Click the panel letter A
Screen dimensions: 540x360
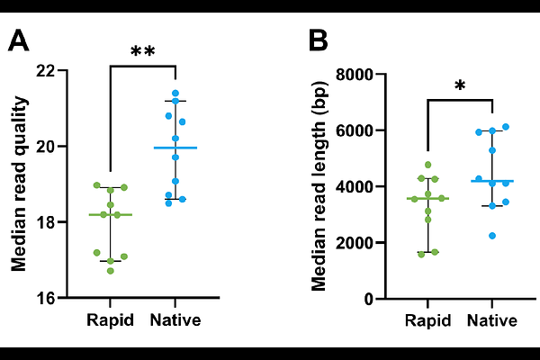pyautogui.click(x=18, y=40)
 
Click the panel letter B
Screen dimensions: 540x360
pyautogui.click(x=319, y=40)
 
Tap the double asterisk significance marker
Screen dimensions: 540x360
pyautogui.click(x=143, y=51)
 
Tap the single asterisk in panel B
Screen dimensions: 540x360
pyautogui.click(x=460, y=85)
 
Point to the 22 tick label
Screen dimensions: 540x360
pyautogui.click(x=46, y=70)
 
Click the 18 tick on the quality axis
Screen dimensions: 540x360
pyautogui.click(x=46, y=222)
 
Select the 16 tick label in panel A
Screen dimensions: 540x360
pyautogui.click(x=46, y=298)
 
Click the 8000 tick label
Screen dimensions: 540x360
pyautogui.click(x=355, y=75)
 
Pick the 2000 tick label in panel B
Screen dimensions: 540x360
pyautogui.click(x=355, y=243)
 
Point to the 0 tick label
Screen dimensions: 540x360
pyautogui.click(x=369, y=299)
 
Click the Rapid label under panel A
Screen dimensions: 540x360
pyautogui.click(x=110, y=320)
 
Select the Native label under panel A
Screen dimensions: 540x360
pyautogui.click(x=175, y=320)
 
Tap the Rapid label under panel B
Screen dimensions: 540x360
pyautogui.click(x=427, y=320)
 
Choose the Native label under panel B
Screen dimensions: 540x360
pyautogui.click(x=492, y=320)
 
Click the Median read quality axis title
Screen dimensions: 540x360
pyautogui.click(x=19, y=184)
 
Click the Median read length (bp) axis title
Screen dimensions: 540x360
pyautogui.click(x=319, y=186)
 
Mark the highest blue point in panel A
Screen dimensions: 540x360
pyautogui.click(x=175, y=93)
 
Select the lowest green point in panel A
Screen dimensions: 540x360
pyautogui.click(x=110, y=271)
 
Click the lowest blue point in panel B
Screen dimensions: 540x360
pyautogui.click(x=492, y=236)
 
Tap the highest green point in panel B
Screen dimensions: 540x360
pyautogui.click(x=428, y=165)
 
